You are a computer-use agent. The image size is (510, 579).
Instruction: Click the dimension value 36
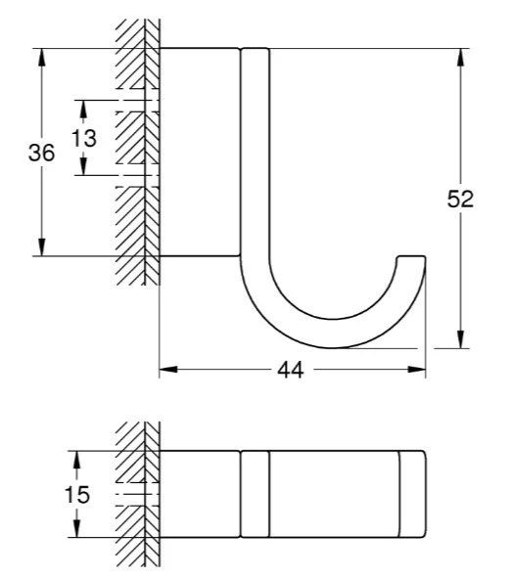[x=41, y=153]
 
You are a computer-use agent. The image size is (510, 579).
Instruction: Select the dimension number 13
[x=84, y=138]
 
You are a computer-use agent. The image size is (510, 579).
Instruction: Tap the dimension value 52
[x=460, y=200]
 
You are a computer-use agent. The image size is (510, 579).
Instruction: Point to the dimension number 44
[x=291, y=370]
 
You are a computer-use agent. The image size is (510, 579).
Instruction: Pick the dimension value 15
[x=77, y=495]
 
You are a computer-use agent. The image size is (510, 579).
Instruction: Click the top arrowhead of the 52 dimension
[x=460, y=58]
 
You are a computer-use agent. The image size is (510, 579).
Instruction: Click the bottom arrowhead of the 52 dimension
[x=460, y=339]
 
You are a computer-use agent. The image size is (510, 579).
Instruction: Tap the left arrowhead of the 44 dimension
[x=168, y=370]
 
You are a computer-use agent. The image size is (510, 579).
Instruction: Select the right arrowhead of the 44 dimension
[x=416, y=370]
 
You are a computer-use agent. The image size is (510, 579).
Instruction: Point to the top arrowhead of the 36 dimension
[x=41, y=58]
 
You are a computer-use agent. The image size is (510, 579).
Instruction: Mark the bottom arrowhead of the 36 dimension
[x=41, y=247]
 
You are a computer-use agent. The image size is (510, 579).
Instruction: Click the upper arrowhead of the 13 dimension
[x=83, y=109]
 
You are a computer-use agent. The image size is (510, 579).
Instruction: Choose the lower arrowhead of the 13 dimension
[x=83, y=166]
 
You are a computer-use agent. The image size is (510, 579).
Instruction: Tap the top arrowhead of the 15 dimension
[x=76, y=460]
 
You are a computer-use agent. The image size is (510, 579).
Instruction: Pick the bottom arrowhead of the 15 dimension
[x=76, y=528]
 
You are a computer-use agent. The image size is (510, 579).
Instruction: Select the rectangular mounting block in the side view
[x=200, y=152]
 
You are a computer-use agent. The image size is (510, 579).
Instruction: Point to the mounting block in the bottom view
[x=200, y=494]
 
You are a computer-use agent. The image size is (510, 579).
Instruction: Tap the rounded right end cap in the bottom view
[x=413, y=494]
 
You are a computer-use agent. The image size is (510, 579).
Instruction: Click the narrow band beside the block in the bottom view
[x=255, y=494]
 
